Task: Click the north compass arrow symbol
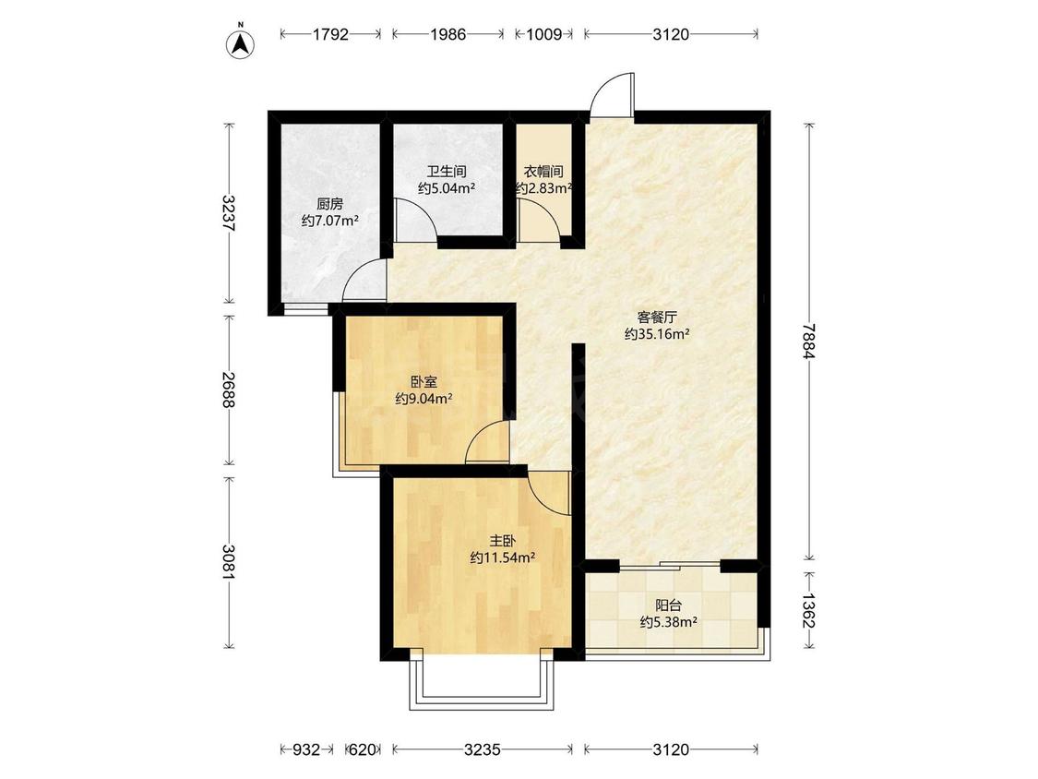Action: point(242,43)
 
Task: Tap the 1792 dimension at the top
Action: point(330,34)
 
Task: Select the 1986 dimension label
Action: point(448,34)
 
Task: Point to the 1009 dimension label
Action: point(543,34)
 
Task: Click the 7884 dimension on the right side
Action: point(807,341)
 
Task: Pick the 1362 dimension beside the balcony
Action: point(807,610)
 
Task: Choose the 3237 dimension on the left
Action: point(229,212)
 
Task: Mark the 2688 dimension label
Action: point(229,389)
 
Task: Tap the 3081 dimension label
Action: point(229,562)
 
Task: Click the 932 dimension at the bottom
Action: point(306,749)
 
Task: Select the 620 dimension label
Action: point(362,749)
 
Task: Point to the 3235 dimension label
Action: point(482,749)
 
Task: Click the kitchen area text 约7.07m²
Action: point(329,221)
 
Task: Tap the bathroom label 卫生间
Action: point(447,172)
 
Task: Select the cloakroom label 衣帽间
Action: point(543,172)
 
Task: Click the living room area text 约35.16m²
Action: point(657,334)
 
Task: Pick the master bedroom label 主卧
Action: point(503,541)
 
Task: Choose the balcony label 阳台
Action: point(669,605)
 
